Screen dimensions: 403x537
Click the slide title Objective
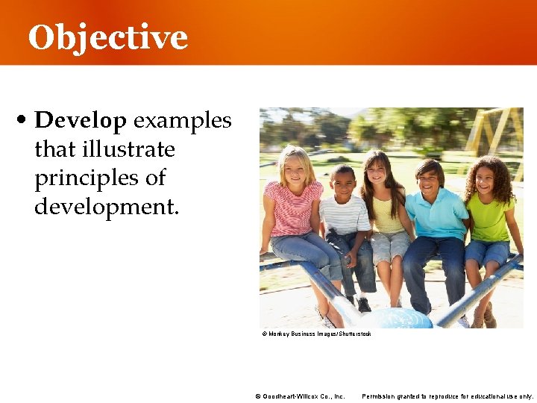107,37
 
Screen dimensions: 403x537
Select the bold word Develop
81,121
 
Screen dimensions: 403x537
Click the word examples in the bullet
183,121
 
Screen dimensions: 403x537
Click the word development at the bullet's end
107,207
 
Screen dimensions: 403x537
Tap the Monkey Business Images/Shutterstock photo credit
316,334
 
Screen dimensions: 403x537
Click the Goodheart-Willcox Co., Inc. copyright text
300,396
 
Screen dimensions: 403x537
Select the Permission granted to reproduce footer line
447,396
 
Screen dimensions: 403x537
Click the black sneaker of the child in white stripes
364,304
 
